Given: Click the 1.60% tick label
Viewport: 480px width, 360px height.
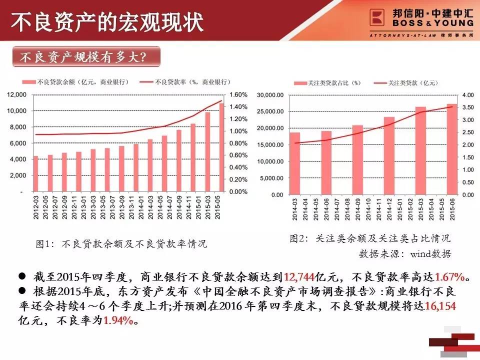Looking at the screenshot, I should point(239,94).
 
